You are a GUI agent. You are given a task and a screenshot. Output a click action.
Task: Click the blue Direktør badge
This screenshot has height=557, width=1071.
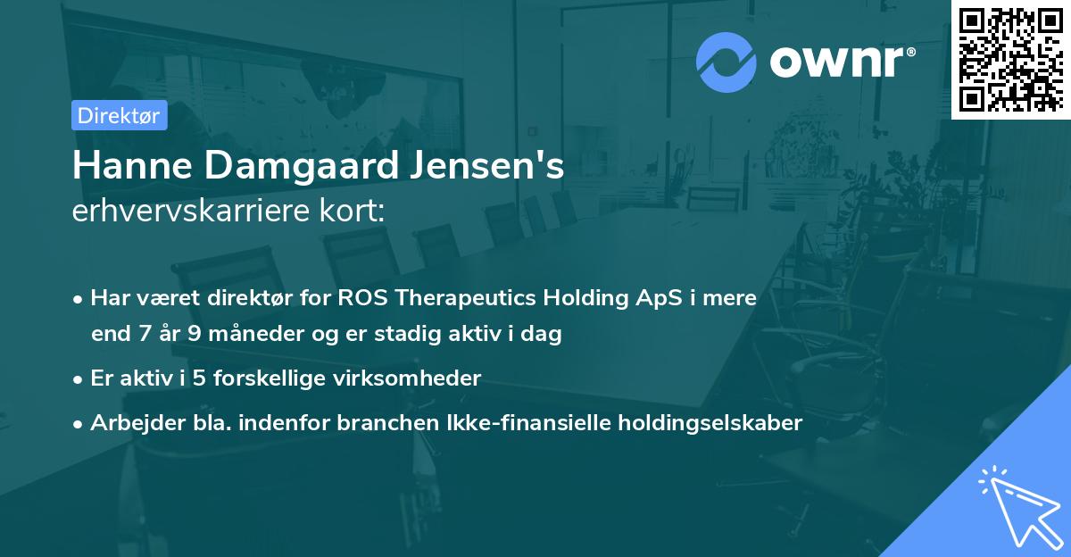119,115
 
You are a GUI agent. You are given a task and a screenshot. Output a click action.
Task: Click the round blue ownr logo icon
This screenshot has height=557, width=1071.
726,62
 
